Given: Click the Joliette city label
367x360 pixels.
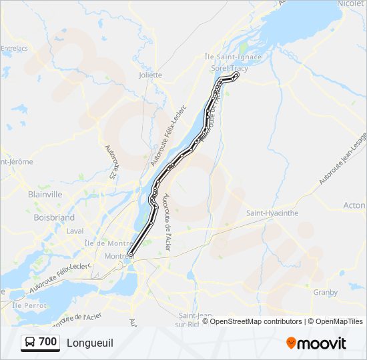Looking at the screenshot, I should [x=150, y=75].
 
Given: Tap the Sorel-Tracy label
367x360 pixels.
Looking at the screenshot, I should [x=230, y=69].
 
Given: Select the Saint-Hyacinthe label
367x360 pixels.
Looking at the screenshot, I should [x=272, y=213].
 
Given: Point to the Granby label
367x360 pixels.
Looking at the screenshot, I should [x=325, y=292].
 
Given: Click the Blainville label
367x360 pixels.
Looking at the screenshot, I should [x=45, y=194].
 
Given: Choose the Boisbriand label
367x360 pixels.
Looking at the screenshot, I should [x=53, y=217].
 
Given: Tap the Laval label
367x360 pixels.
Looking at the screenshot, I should [x=56, y=231].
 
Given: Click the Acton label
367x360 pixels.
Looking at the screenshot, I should [x=354, y=206].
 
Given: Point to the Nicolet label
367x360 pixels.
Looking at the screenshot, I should [x=351, y=4].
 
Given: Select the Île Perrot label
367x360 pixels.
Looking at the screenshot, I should [x=26, y=305].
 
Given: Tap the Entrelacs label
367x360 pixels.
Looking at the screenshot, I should [x=13, y=48].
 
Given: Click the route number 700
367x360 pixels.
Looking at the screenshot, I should [x=47, y=342].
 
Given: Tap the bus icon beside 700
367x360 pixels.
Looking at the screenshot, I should [x=30, y=343].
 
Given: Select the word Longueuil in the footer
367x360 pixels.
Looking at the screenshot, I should [x=90, y=343].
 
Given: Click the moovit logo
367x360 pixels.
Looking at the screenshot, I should [x=316, y=343].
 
